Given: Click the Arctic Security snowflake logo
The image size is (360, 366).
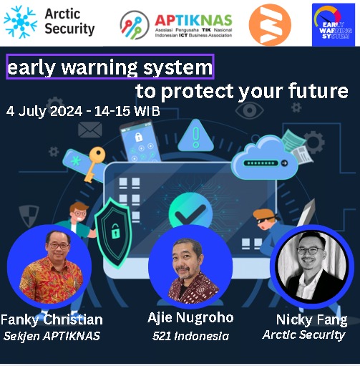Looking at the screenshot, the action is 21,22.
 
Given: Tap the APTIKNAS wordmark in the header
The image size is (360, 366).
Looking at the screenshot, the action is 193,20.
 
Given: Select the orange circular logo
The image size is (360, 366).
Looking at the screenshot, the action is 270,24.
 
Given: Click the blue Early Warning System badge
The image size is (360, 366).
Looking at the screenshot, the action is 334,24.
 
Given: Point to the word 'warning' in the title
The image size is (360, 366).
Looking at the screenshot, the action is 99,67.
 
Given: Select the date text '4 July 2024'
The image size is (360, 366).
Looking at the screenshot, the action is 44,111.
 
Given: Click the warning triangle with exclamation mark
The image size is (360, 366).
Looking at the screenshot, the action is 195,136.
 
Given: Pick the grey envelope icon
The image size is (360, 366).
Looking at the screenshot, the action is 90,130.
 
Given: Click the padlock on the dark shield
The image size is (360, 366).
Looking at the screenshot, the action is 115,231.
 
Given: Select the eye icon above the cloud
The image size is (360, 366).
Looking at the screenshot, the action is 249,110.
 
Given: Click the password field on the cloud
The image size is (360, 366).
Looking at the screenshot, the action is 263,163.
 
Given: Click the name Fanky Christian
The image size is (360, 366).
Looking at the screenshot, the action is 52,319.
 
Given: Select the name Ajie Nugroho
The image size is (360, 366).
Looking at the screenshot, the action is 190,318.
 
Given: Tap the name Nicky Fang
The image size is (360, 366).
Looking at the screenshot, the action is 311,319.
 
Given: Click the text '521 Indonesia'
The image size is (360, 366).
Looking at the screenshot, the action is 190,336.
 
